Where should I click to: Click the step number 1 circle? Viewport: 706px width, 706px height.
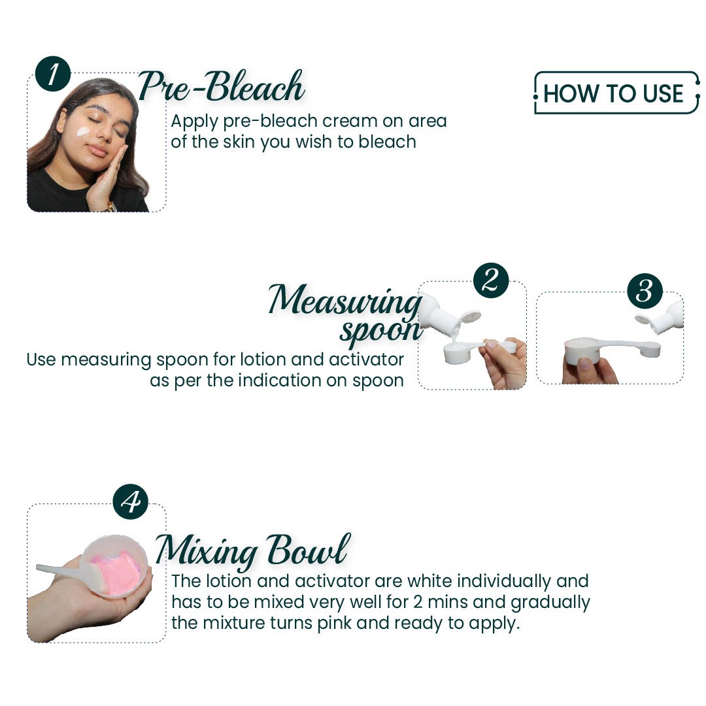(53, 74)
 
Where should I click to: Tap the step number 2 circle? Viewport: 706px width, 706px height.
(491, 280)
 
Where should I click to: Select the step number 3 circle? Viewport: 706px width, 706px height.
(645, 291)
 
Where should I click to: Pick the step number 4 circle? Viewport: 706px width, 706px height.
(131, 501)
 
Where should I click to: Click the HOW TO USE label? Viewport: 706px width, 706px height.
(613, 93)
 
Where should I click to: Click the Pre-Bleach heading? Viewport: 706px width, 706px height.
(221, 86)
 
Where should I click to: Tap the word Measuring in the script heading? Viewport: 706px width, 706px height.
(345, 300)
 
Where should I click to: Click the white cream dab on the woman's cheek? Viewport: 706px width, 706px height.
(83, 132)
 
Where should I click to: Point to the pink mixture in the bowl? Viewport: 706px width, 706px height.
(116, 572)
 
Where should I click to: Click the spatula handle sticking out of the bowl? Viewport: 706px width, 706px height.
(63, 571)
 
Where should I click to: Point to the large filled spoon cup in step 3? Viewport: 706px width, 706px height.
(582, 350)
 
